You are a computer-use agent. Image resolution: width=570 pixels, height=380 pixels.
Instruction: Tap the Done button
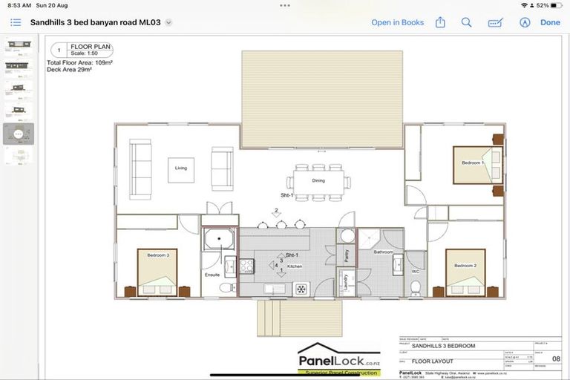(x=550, y=22)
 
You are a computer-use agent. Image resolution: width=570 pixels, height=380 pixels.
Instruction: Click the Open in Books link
(x=397, y=22)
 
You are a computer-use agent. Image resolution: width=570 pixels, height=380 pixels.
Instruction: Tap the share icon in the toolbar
(x=440, y=22)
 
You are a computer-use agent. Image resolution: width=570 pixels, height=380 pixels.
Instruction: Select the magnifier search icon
(x=466, y=22)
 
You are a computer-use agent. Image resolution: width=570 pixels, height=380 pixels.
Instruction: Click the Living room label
(x=181, y=168)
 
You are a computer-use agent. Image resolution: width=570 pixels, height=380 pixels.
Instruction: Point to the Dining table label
(x=318, y=180)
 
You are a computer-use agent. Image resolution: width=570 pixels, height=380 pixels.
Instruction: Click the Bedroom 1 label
(x=473, y=163)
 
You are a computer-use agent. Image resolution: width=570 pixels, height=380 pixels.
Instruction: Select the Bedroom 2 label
(x=465, y=266)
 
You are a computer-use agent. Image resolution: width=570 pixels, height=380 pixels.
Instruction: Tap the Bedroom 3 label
(x=157, y=255)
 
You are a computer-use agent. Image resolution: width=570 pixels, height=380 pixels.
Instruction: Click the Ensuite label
(x=212, y=275)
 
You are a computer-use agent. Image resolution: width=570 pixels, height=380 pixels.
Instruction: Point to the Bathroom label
(x=384, y=252)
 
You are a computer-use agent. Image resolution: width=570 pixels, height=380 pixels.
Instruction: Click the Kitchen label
(x=295, y=266)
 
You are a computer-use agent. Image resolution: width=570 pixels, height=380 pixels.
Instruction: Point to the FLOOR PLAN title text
(x=91, y=47)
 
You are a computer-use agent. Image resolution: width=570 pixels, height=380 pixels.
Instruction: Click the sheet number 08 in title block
(x=556, y=359)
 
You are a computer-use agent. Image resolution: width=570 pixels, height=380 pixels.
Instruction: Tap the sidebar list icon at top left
(x=16, y=22)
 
